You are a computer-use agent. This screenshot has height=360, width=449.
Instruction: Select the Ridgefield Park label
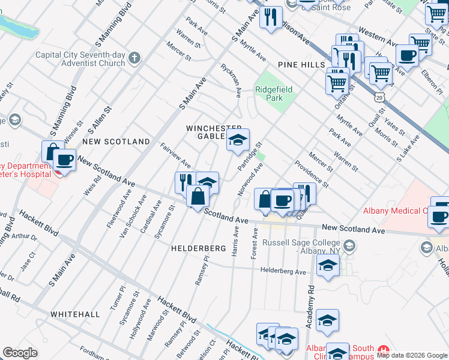point(274,94)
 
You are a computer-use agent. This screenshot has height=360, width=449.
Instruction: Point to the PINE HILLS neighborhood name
point(301,65)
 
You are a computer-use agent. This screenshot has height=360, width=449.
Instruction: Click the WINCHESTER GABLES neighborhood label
point(213,132)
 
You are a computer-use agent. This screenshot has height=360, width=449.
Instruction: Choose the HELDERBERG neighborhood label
point(198,248)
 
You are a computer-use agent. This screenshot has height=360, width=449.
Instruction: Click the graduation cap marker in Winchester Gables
point(238,141)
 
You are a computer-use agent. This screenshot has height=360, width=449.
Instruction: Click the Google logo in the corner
point(20,353)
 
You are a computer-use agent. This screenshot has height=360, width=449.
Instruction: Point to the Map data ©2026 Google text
point(412,355)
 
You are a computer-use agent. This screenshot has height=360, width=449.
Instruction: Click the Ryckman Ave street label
point(230,80)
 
